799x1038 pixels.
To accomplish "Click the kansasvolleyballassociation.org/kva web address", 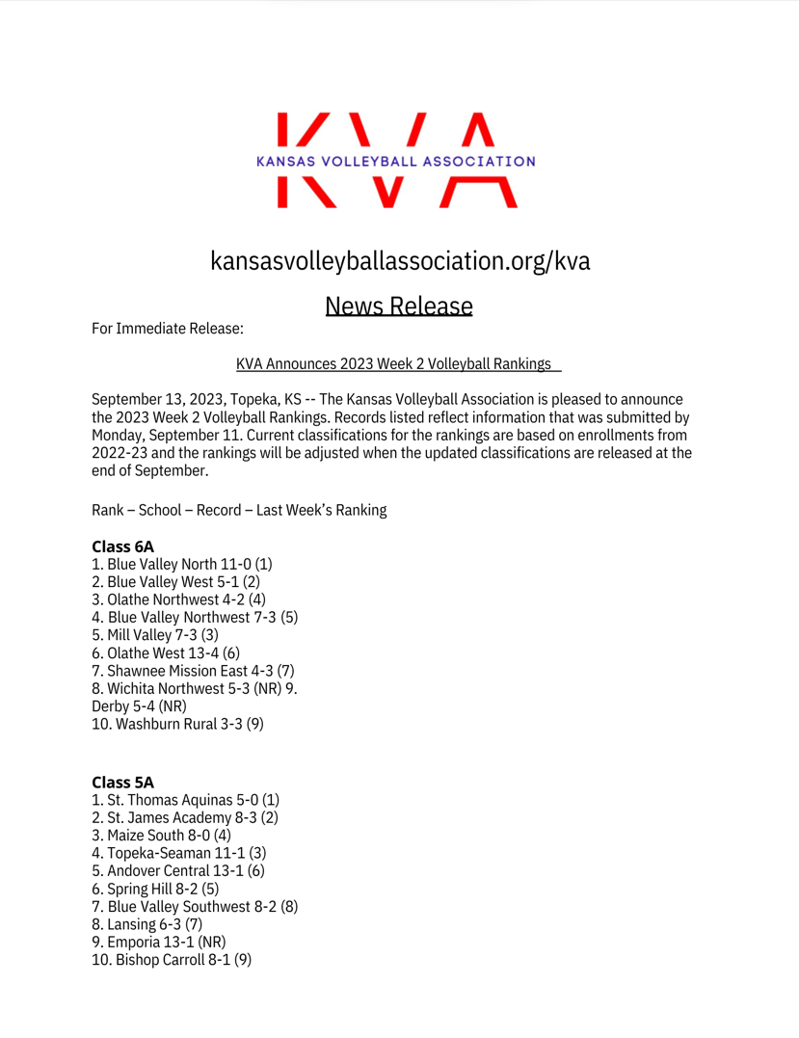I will [399, 260].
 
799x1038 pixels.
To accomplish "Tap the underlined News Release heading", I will [399, 306].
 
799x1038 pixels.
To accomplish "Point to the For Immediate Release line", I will [168, 330].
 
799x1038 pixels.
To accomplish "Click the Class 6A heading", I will [122, 546].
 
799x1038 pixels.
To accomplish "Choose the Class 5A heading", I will [122, 783].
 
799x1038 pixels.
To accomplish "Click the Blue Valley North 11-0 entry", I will [182, 565].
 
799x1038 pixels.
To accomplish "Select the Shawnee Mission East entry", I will [193, 670].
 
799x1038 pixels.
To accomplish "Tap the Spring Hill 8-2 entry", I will [155, 889].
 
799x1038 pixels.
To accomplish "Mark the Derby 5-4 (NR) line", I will [139, 705].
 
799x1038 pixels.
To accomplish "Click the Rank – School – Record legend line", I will [239, 511].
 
